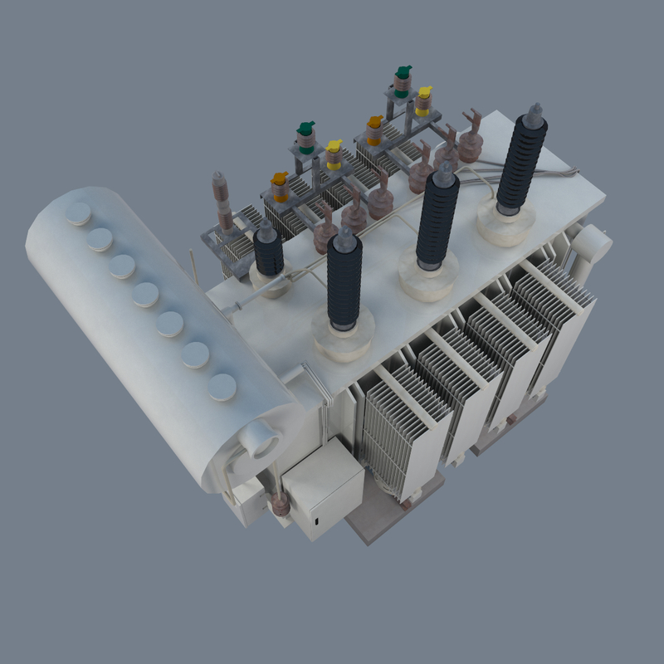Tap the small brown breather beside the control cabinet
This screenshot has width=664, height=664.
pos(280,504)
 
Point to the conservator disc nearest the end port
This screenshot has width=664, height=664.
pos(222,388)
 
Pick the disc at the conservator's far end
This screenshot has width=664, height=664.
pos(79,214)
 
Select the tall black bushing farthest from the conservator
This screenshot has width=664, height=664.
pos(521,162)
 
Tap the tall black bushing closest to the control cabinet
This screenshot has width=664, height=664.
pos(344,282)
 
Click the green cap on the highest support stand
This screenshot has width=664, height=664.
pos(403,73)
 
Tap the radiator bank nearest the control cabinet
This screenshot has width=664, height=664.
pos(398,432)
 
